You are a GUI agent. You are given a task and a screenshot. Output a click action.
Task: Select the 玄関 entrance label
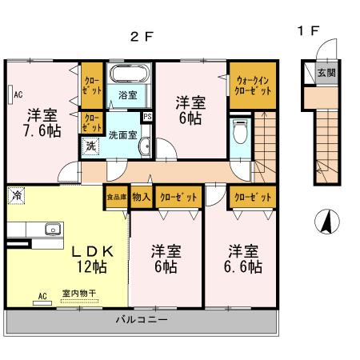point(326,73)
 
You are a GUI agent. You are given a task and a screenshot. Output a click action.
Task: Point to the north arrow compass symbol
point(326,221)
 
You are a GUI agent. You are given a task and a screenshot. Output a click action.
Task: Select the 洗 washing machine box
point(92,146)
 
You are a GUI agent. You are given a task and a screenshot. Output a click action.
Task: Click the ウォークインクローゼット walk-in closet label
point(254,85)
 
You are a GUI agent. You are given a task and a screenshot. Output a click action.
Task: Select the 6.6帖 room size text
point(241,268)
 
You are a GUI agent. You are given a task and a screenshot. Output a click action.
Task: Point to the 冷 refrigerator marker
point(17,194)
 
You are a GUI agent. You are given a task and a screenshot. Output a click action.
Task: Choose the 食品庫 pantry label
point(116,196)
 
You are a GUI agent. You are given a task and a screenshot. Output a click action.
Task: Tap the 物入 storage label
point(141,196)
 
